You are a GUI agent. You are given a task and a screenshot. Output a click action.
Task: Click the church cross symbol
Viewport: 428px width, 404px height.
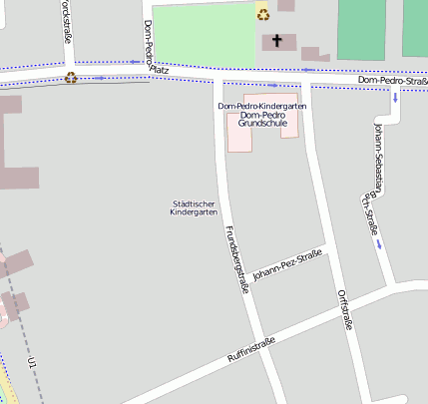click(x=276, y=42)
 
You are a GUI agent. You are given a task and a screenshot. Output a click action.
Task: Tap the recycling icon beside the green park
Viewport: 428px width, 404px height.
click(x=262, y=12)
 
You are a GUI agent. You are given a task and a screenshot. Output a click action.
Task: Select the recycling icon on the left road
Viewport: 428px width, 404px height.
click(x=71, y=77)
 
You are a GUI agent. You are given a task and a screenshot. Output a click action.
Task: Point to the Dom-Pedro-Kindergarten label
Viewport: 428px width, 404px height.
click(x=261, y=106)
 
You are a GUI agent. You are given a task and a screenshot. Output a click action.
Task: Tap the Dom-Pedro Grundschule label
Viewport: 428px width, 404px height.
click(x=262, y=121)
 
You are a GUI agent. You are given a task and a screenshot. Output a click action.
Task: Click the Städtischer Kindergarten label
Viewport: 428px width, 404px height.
click(x=194, y=208)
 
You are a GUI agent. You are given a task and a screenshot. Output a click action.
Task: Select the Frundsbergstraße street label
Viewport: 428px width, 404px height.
click(x=236, y=259)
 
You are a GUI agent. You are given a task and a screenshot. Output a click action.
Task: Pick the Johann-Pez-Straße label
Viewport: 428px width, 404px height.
click(x=287, y=266)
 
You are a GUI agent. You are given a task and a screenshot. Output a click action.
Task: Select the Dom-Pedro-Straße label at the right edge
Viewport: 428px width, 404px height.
click(x=393, y=80)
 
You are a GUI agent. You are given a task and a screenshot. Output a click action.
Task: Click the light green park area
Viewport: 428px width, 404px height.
click(x=205, y=35)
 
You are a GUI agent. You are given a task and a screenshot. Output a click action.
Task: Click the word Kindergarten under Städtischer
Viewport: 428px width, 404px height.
click(x=194, y=213)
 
